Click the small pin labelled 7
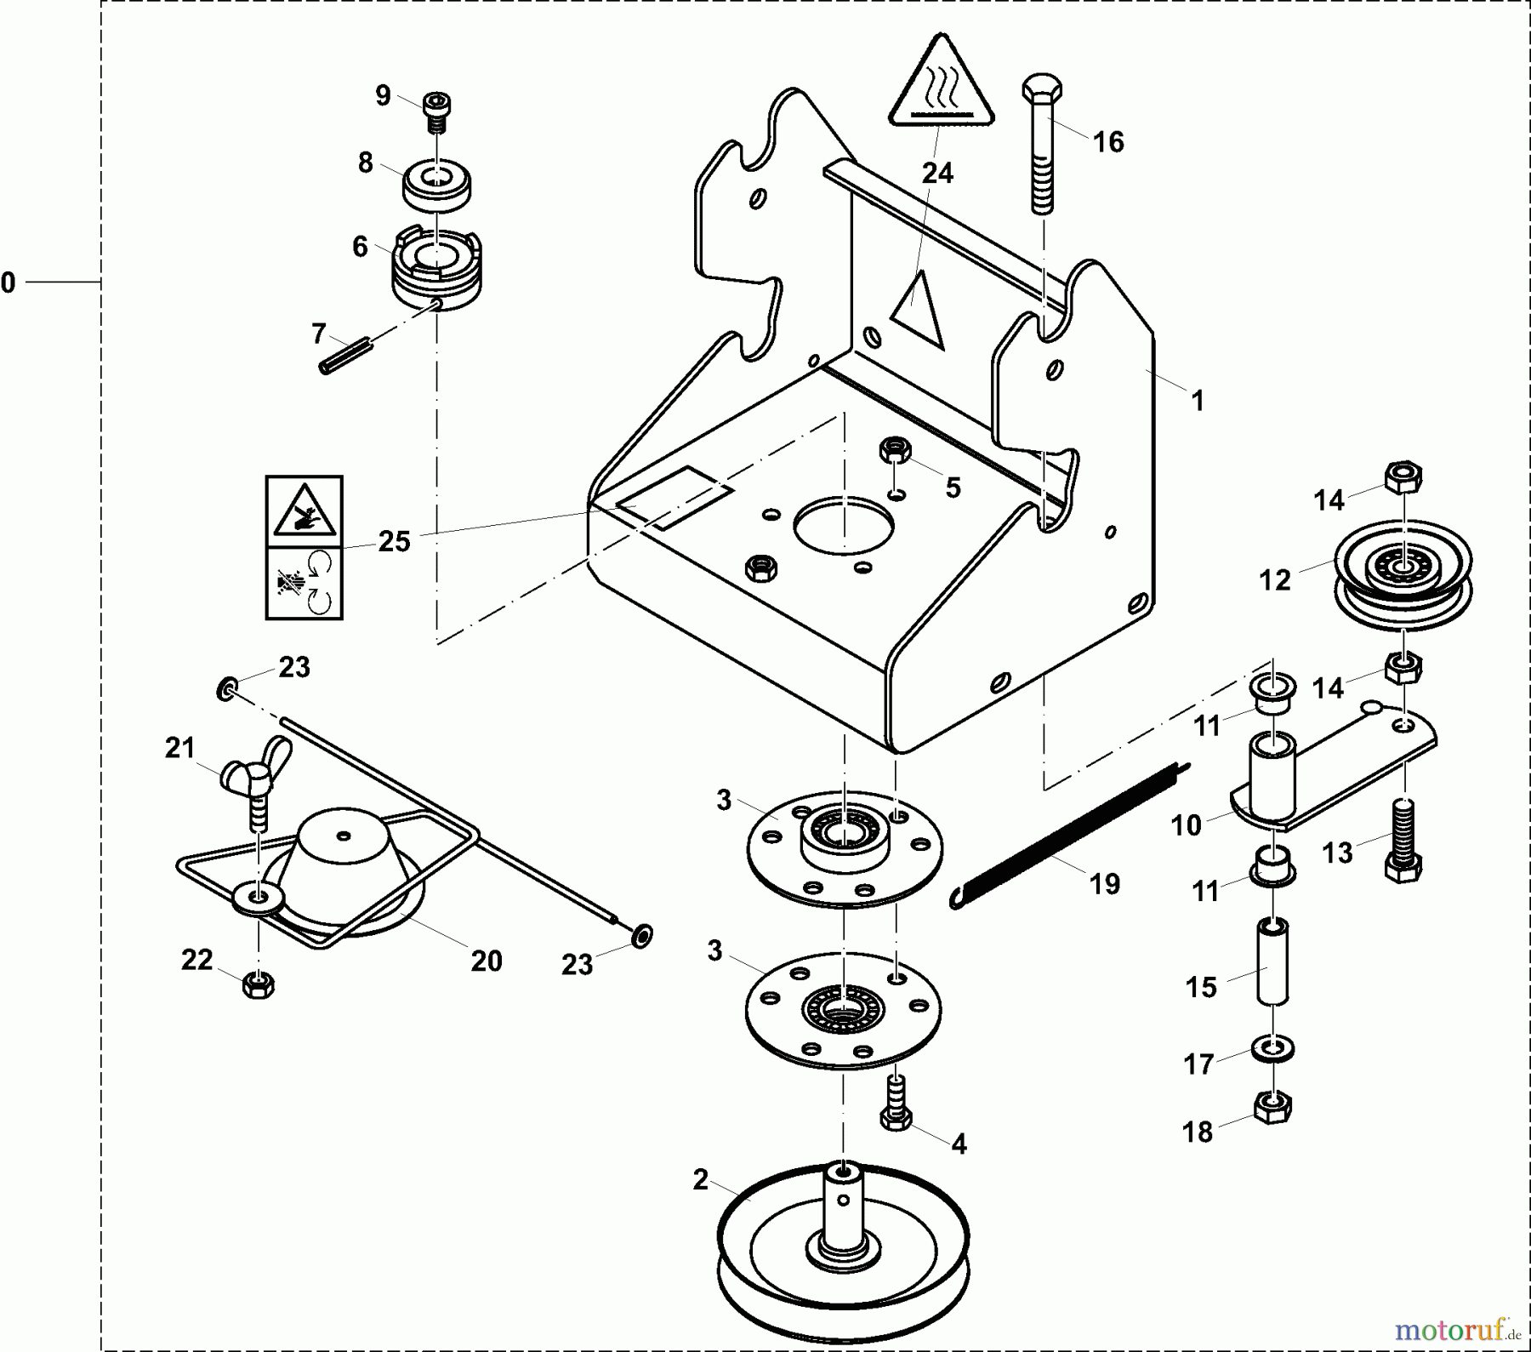(x=346, y=356)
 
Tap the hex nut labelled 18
(x=1272, y=1107)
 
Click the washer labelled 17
(x=1272, y=1047)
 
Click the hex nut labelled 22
(x=258, y=984)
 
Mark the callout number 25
(x=394, y=541)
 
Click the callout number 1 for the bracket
(x=1198, y=400)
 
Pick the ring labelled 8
(x=436, y=186)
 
